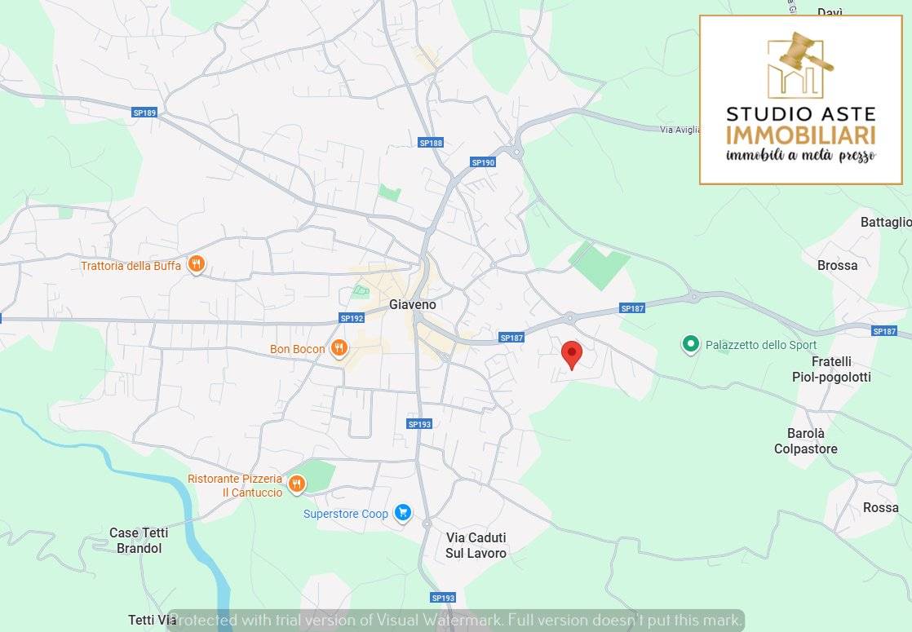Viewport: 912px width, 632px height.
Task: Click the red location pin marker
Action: (x=572, y=355)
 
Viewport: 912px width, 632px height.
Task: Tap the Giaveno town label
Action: (x=412, y=304)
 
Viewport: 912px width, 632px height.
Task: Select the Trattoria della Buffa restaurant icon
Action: (x=196, y=264)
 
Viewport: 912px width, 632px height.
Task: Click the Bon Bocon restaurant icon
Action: (x=339, y=349)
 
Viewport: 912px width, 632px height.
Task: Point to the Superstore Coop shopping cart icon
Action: (x=402, y=513)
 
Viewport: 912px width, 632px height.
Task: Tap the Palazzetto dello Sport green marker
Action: (x=691, y=345)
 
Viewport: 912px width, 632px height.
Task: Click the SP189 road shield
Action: (x=144, y=113)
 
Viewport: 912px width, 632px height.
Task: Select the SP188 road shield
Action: (x=431, y=143)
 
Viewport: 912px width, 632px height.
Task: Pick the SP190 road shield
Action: (x=483, y=162)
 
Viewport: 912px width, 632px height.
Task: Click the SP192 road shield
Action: (x=352, y=318)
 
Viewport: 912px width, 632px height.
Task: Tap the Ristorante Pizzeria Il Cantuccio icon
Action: (x=296, y=484)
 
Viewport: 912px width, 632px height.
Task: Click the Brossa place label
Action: (x=837, y=265)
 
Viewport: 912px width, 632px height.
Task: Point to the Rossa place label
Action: (x=880, y=507)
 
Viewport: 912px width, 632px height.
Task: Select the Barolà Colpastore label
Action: (x=805, y=441)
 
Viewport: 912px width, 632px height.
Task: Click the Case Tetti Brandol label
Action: (x=139, y=541)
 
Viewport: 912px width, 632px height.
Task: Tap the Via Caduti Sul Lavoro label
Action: (x=476, y=546)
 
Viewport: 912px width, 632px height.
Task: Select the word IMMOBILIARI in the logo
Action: (x=800, y=135)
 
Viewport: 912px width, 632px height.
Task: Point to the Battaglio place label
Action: (x=885, y=222)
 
